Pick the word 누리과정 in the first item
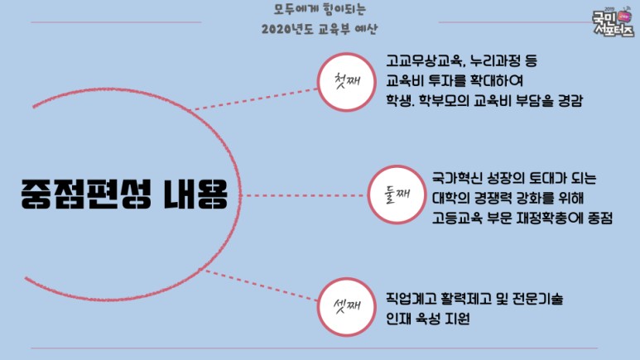[493, 62]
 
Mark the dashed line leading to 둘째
[306, 195]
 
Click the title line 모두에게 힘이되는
[319, 10]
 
